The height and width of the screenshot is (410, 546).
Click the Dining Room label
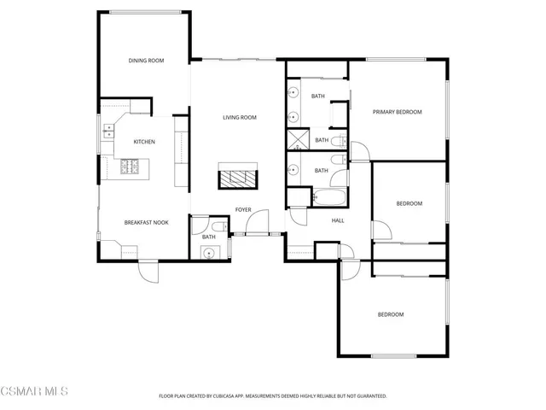tap(146, 61)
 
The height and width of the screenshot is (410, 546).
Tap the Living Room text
tap(240, 118)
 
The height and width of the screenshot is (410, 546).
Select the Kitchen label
tap(143, 142)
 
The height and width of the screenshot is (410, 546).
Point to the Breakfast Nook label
tap(146, 223)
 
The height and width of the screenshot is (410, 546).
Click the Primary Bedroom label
tap(398, 112)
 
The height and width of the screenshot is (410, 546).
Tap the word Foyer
tap(243, 209)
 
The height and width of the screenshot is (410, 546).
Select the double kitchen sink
tap(109, 131)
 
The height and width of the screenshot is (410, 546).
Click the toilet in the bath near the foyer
tap(218, 226)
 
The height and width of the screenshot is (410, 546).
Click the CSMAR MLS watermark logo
tap(34, 392)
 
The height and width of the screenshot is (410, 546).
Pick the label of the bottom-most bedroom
tap(391, 314)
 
